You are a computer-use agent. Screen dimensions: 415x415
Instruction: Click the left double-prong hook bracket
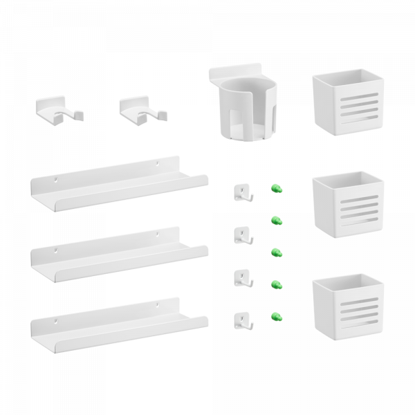click(56, 109)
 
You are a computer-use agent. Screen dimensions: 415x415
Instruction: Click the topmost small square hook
click(241, 190)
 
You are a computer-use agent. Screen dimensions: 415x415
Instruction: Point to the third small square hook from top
click(241, 277)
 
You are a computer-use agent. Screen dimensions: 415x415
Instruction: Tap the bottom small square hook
click(241, 319)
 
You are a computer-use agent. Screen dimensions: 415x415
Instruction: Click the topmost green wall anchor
click(276, 188)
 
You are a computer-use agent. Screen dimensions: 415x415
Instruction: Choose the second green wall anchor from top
click(276, 221)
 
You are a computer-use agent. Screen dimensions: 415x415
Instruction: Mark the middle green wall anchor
click(276, 251)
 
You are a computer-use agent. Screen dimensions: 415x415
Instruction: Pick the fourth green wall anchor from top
click(276, 284)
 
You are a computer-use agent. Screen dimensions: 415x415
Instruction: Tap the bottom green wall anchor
click(276, 316)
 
